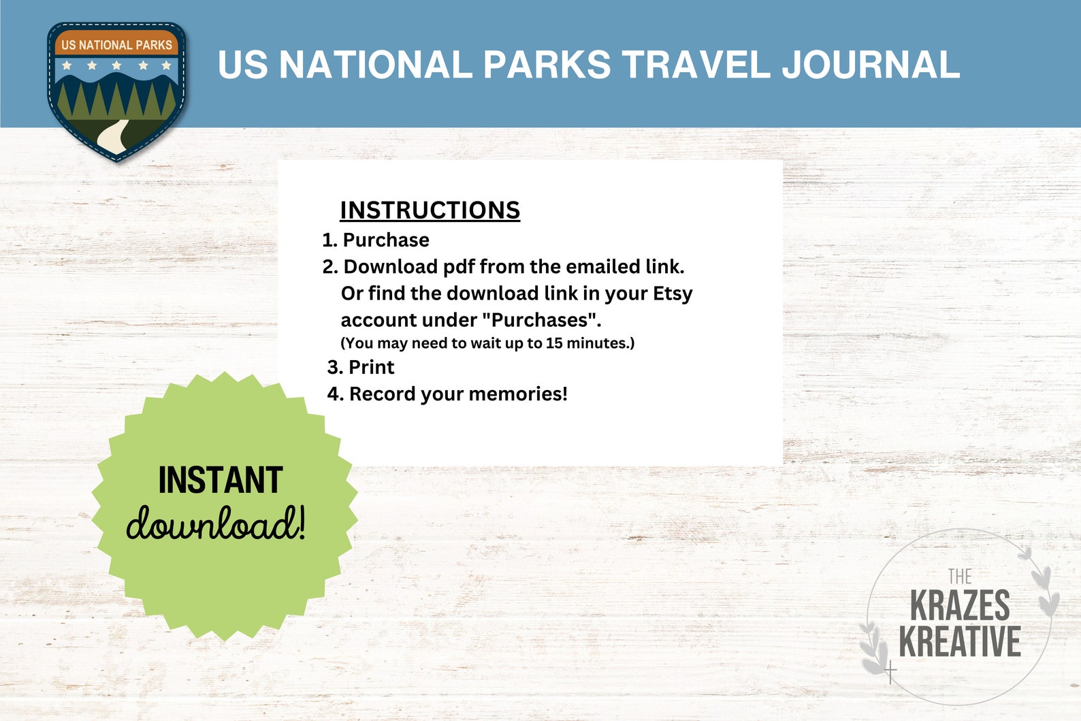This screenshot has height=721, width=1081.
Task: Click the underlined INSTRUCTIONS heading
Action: coord(430,210)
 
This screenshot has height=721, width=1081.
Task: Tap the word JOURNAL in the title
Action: coord(871,65)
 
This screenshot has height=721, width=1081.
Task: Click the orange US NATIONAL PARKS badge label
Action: coord(116,45)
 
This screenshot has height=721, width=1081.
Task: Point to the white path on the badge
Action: coord(113,135)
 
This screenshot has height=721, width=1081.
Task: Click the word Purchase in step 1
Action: coord(386,240)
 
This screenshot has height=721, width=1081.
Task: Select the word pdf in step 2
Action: coord(459,267)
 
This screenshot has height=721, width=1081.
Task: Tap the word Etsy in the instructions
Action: coord(673,293)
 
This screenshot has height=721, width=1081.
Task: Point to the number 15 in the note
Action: coord(554,343)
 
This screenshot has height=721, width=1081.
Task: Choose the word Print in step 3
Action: coord(371,368)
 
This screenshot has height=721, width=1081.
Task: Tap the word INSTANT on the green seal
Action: coord(221,481)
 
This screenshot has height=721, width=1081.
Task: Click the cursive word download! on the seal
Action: coord(216,524)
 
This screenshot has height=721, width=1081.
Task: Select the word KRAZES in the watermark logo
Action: coord(960,605)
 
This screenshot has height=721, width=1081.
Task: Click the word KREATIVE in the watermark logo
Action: coord(960,641)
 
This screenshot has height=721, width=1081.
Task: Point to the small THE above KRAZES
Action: coord(959,577)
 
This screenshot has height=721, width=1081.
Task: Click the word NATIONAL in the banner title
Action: coord(376,65)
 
